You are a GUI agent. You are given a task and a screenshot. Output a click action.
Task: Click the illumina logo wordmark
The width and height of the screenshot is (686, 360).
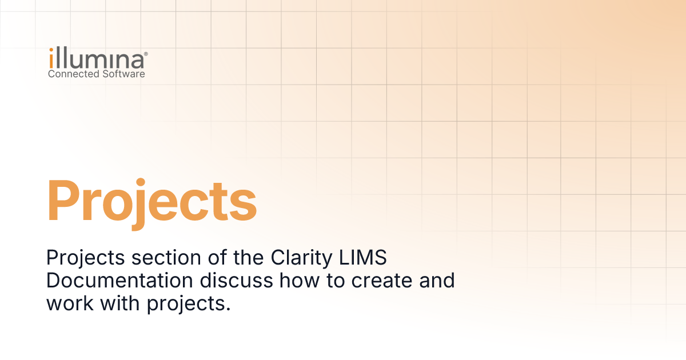pos(97,58)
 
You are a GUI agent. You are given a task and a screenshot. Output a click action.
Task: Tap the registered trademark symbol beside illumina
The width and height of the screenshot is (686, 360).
pos(146,54)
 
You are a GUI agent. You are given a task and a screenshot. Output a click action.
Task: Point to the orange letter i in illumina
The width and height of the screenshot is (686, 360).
pos(51,58)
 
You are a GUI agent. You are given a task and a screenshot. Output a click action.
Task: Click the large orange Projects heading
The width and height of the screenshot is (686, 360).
pos(151,203)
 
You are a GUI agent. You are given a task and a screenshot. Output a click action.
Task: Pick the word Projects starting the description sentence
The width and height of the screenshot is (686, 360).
pos(85,258)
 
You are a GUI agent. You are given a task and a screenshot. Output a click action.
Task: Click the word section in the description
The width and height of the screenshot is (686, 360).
pos(166,258)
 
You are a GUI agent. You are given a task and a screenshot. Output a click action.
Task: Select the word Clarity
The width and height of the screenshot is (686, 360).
pos(301,258)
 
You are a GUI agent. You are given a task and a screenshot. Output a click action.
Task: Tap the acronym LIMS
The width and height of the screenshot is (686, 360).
pos(363,257)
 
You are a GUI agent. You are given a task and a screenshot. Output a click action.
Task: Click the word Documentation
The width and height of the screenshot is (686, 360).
pos(119,281)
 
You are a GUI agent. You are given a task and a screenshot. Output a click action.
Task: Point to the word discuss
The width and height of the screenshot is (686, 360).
pos(236,281)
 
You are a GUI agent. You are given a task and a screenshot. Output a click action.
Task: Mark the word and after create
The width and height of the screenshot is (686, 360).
pos(437,281)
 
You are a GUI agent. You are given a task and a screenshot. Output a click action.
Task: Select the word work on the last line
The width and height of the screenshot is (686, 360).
pos(70,303)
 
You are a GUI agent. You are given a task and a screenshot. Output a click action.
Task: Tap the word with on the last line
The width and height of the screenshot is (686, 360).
pos(120,303)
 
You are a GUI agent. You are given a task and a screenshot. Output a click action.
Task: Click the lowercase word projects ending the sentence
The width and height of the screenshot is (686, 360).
pos(189,305)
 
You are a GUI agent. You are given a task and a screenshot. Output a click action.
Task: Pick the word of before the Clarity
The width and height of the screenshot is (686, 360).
pos(217,257)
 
